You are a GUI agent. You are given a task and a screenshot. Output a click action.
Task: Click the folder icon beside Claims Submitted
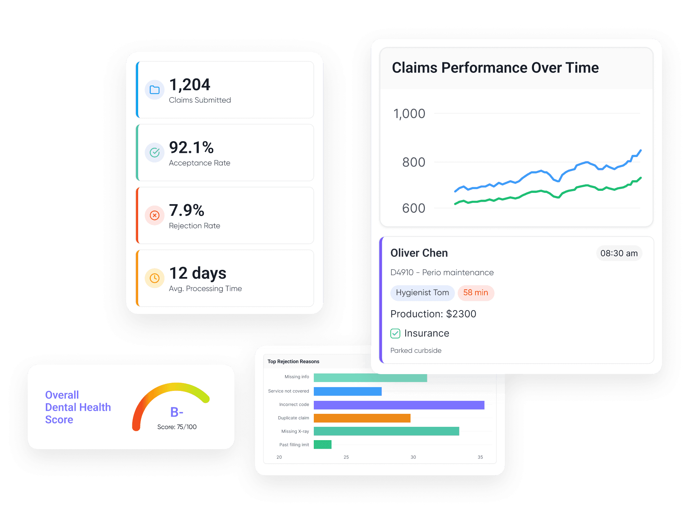155,90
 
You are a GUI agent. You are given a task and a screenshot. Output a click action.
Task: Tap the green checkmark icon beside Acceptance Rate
155,153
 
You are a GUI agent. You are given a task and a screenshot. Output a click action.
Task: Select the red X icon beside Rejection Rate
155,215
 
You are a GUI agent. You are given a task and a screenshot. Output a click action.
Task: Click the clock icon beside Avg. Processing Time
155,278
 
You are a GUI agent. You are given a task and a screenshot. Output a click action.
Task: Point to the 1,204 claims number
190,85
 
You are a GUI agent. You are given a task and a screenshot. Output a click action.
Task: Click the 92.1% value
191,148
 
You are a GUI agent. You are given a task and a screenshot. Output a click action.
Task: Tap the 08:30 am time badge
619,253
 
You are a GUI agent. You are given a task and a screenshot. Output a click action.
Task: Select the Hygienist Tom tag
422,293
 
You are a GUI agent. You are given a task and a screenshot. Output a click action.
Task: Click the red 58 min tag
475,293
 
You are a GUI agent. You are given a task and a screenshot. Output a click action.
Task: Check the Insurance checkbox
395,333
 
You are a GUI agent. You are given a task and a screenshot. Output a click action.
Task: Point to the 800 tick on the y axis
414,162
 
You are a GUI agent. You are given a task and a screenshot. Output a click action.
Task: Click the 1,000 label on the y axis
409,114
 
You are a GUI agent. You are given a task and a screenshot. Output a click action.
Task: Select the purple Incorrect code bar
399,405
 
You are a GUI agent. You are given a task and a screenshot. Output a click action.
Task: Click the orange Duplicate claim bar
362,418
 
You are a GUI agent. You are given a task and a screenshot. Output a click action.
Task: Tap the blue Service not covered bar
347,391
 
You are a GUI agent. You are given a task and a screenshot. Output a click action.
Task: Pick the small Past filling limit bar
322,445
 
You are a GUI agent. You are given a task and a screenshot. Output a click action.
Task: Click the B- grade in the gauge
177,412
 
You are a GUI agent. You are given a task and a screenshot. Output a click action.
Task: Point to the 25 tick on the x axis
346,457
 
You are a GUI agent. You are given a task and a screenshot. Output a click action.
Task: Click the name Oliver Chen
419,253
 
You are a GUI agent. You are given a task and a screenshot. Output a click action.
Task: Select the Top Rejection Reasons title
293,361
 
